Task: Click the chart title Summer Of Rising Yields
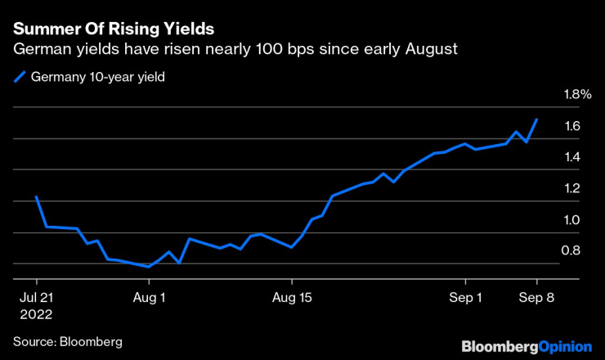point(114,29)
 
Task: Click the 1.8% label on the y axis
point(577,95)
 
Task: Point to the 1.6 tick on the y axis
point(571,126)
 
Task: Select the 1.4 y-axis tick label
point(571,157)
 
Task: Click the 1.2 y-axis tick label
point(571,188)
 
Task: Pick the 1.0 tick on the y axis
point(571,219)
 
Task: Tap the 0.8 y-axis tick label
point(571,250)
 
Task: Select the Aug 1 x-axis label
point(149,298)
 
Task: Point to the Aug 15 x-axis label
point(293,298)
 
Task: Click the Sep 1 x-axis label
point(465,298)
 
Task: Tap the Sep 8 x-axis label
point(536,298)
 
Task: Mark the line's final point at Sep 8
point(536,119)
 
